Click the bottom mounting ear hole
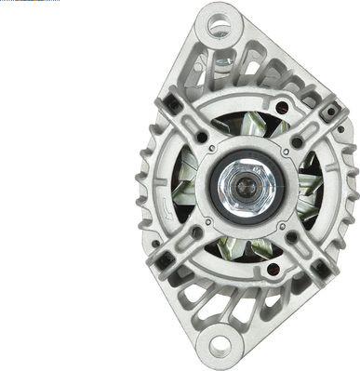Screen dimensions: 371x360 (220, 347)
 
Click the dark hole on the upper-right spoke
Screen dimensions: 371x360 (297, 142)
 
